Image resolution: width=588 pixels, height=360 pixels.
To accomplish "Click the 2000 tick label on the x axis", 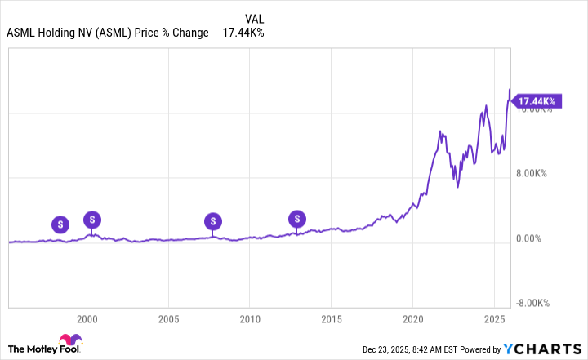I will coord(87,318).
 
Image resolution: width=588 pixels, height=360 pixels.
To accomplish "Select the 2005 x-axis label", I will coord(168,318).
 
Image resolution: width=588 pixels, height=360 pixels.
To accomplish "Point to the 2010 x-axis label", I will coord(250,318).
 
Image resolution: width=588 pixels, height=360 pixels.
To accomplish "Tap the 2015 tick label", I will coord(331,318).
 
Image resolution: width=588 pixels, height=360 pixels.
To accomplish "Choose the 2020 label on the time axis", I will coord(412,318).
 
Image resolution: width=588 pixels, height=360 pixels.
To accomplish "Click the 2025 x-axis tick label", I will coord(493,318).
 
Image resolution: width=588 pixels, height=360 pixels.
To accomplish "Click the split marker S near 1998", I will coord(60,224).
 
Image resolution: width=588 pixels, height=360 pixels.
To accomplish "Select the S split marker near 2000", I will coord(93,219).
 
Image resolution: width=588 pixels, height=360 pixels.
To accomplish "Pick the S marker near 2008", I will coord(213,220).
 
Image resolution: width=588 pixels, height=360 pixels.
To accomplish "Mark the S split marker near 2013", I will coord(298,218).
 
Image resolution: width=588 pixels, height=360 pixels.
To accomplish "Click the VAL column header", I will coord(254,18).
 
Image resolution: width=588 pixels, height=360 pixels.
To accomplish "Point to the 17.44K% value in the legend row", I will coord(243,33).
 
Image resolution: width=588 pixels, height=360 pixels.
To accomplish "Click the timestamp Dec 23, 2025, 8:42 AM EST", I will coord(425,349).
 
